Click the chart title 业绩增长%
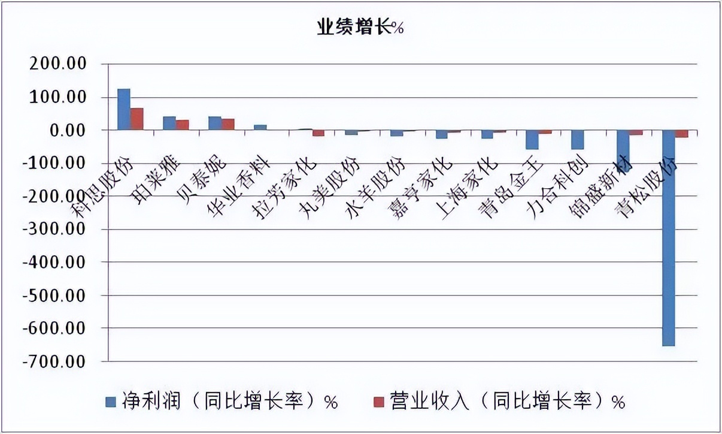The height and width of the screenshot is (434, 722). tap(360, 28)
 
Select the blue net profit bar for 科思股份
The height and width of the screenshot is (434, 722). tap(123, 110)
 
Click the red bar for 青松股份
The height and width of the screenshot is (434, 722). tap(681, 134)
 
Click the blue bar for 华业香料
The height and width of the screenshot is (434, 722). tap(260, 127)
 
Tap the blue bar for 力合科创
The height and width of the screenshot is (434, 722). tap(577, 140)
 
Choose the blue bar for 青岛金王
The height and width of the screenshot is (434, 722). tap(532, 140)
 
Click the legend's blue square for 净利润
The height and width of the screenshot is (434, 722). tap(110, 400)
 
